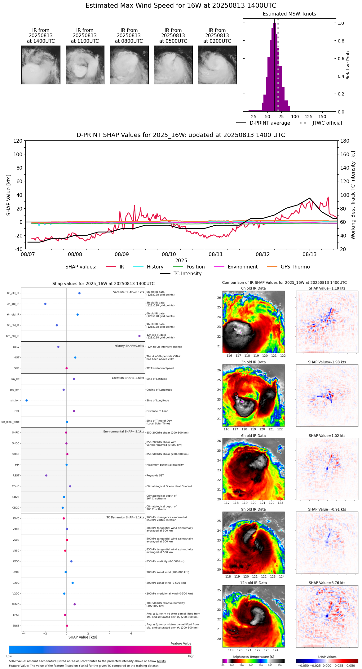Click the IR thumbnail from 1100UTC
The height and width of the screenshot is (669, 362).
(85, 65)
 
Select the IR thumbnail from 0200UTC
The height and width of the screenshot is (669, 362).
(217, 65)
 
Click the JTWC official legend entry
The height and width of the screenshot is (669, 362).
(327, 123)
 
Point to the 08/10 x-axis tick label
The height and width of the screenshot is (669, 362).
(169, 255)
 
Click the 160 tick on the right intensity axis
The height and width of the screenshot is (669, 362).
(345, 154)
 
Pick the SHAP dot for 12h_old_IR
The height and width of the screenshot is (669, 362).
(139, 336)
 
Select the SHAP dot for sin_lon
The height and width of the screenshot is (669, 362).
(27, 401)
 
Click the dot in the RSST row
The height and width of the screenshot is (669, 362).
(46, 476)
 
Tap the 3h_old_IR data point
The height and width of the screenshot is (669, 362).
(45, 304)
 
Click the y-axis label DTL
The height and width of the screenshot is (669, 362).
(17, 411)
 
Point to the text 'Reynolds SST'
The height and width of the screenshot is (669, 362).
(155, 476)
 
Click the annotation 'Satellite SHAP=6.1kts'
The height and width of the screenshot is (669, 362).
(128, 292)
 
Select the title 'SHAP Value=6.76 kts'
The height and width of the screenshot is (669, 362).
(327, 583)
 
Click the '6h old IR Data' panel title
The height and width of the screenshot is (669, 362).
(253, 436)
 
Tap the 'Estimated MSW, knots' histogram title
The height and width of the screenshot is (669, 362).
(289, 14)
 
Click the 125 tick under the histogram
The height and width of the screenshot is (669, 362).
(308, 117)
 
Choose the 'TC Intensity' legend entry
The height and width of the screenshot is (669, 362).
(187, 274)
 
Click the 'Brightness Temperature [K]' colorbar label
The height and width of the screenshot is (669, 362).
(253, 657)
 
